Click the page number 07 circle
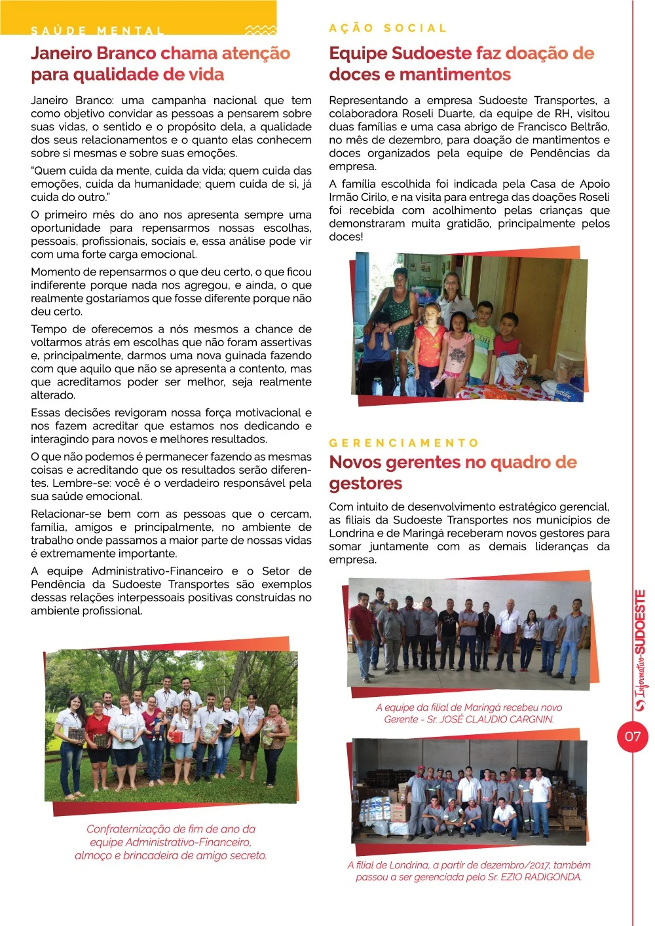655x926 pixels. point(632,736)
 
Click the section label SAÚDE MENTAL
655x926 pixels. point(98,31)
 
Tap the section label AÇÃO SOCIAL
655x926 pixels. point(388,28)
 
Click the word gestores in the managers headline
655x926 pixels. point(365,484)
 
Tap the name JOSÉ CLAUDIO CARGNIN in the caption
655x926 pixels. point(497,719)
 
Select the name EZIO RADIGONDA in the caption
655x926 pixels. point(541,877)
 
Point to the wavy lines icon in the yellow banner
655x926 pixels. point(260,30)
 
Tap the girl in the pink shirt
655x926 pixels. point(457,344)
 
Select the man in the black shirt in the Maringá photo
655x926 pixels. point(449,628)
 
